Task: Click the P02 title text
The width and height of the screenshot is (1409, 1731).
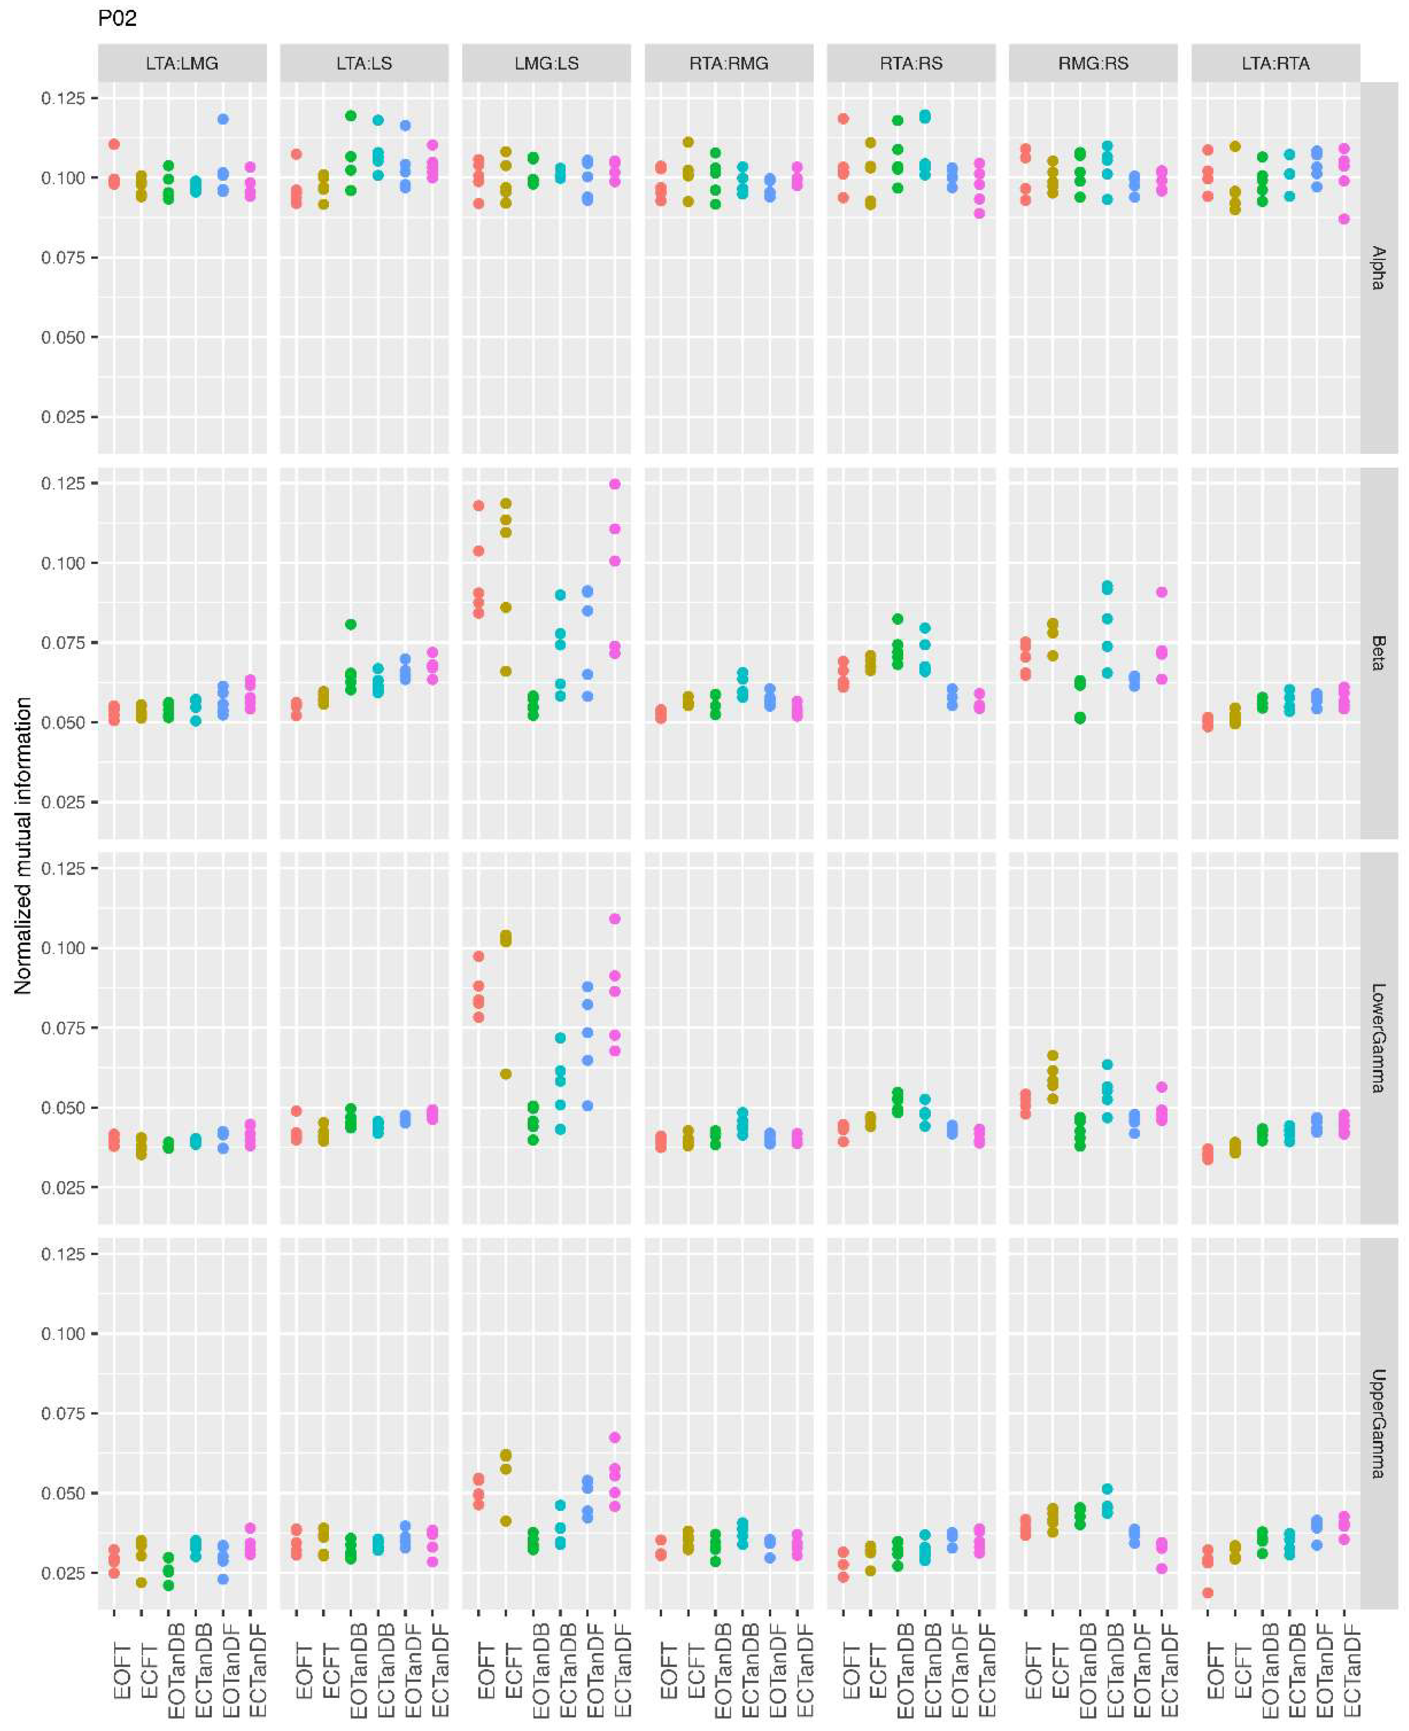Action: point(117,18)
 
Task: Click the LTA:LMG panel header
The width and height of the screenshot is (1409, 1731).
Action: point(182,63)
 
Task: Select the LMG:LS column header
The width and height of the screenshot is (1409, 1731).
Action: point(546,63)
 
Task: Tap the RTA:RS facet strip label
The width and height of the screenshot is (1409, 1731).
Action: point(911,63)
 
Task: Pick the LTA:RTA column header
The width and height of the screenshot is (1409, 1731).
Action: point(1275,63)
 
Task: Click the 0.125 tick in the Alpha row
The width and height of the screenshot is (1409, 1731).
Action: point(63,98)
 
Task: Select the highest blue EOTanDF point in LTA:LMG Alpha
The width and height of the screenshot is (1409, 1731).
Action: point(223,119)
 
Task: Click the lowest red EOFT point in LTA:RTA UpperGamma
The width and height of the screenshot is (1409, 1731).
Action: point(1208,1593)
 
